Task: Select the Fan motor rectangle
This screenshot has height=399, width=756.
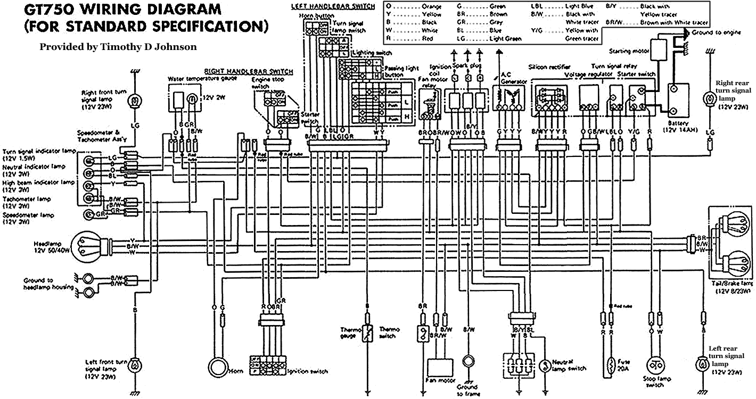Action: pyautogui.click(x=440, y=368)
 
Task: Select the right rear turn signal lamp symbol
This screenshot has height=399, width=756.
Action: pyautogui.click(x=709, y=99)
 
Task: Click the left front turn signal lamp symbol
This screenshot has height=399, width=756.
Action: pyautogui.click(x=135, y=365)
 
